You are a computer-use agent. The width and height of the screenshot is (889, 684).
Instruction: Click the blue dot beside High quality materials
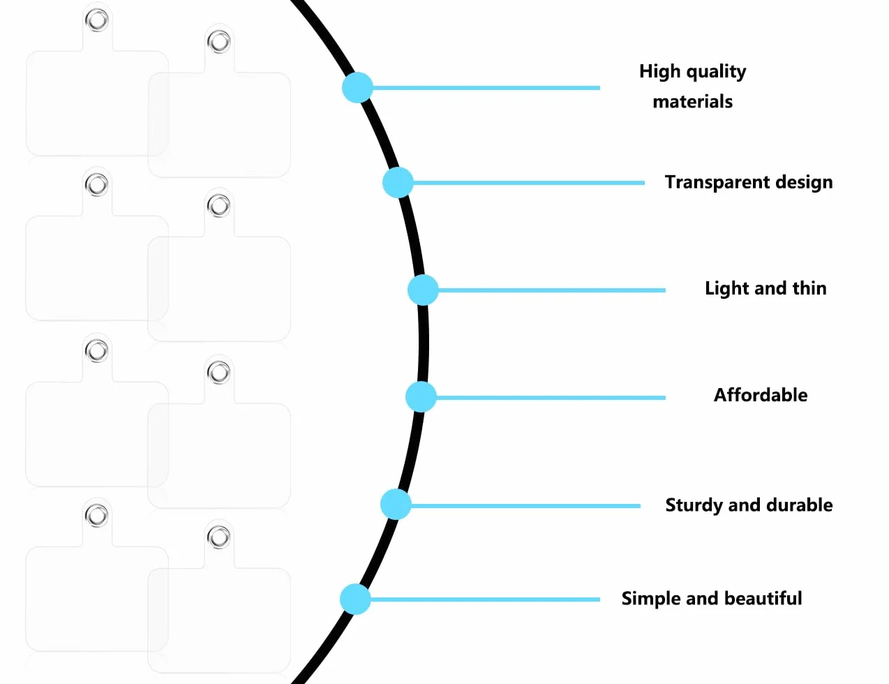click(357, 87)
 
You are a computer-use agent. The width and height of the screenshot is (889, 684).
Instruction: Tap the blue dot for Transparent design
click(398, 182)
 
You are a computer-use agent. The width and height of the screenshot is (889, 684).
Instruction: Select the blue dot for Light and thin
click(423, 290)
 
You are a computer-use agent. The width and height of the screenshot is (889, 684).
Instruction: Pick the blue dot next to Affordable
click(421, 397)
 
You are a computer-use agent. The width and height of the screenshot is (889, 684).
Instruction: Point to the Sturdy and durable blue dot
click(396, 505)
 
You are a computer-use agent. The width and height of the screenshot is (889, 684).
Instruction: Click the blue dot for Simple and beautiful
click(355, 599)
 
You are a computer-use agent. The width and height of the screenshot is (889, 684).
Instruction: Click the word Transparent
click(717, 182)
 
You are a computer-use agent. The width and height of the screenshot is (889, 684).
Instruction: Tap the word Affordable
click(761, 395)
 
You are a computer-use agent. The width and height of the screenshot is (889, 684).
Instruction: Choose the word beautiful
click(763, 599)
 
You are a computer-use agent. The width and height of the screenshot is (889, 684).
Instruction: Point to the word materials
click(693, 101)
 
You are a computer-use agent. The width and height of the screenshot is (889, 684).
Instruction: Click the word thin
click(809, 288)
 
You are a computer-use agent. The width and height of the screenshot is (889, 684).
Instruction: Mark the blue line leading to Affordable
click(551, 398)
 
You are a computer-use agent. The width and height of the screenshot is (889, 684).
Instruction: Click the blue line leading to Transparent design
click(529, 183)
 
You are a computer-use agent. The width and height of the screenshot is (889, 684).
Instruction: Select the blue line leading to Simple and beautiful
click(485, 600)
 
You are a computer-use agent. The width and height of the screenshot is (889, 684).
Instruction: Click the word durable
click(800, 505)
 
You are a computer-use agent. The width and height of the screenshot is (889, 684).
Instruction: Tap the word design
click(804, 182)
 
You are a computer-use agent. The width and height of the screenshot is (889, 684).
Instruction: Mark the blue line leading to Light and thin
click(552, 290)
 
